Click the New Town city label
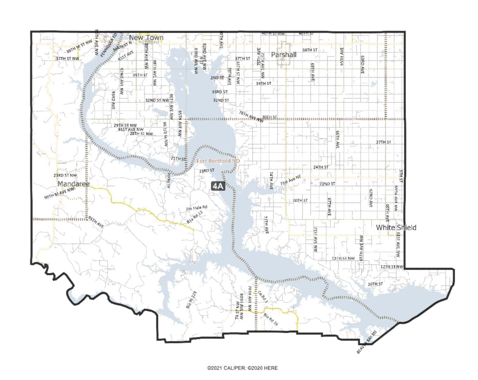pyautogui.click(x=146, y=38)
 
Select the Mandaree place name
pyautogui.click(x=73, y=183)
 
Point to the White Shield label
pyautogui.click(x=396, y=228)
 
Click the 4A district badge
pyautogui.click(x=218, y=186)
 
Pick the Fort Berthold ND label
pyautogui.click(x=218, y=161)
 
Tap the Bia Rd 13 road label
pyautogui.click(x=195, y=217)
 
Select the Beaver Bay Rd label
pyautogui.click(x=366, y=346)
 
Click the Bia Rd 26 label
pyautogui.click(x=271, y=320)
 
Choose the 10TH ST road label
pyautogui.click(x=375, y=284)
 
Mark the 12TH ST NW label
pyautogui.click(x=392, y=267)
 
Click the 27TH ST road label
pyautogui.click(x=383, y=142)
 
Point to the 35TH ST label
pyautogui.click(x=140, y=75)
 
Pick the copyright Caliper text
pyautogui.click(x=242, y=368)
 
